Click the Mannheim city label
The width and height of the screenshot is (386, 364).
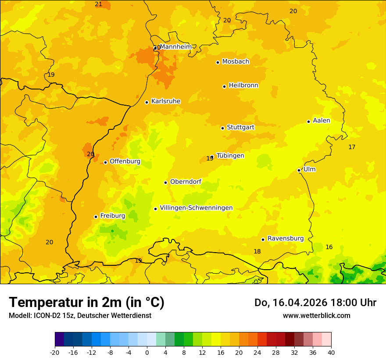click(x=175, y=46)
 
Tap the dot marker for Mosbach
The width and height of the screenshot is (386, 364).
click(x=218, y=62)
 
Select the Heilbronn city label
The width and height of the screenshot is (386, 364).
click(x=243, y=86)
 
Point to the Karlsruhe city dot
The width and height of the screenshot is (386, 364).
click(x=147, y=102)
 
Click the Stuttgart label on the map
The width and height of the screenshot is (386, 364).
click(x=240, y=127)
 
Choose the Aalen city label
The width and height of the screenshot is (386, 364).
click(x=322, y=121)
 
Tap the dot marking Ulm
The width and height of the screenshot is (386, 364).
click(x=299, y=170)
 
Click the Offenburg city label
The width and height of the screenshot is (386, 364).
click(x=125, y=161)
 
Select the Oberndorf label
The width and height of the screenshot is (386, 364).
click(x=186, y=182)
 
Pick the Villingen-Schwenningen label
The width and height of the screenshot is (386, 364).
click(x=196, y=208)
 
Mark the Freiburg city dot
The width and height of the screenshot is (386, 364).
click(x=96, y=217)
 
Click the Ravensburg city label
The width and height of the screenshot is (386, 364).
click(x=286, y=239)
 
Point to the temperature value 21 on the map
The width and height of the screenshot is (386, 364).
click(x=99, y=4)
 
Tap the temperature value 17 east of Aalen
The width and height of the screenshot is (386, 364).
click(x=352, y=147)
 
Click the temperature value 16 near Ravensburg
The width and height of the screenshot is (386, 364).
click(x=329, y=247)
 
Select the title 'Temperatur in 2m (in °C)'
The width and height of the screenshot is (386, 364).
click(x=86, y=302)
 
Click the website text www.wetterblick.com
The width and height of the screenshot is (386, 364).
click(x=316, y=315)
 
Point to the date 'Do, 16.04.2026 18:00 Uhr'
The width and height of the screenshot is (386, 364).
click(x=315, y=303)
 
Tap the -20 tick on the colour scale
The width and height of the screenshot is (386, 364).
click(x=55, y=352)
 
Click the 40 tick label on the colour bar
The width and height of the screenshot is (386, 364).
click(x=331, y=352)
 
